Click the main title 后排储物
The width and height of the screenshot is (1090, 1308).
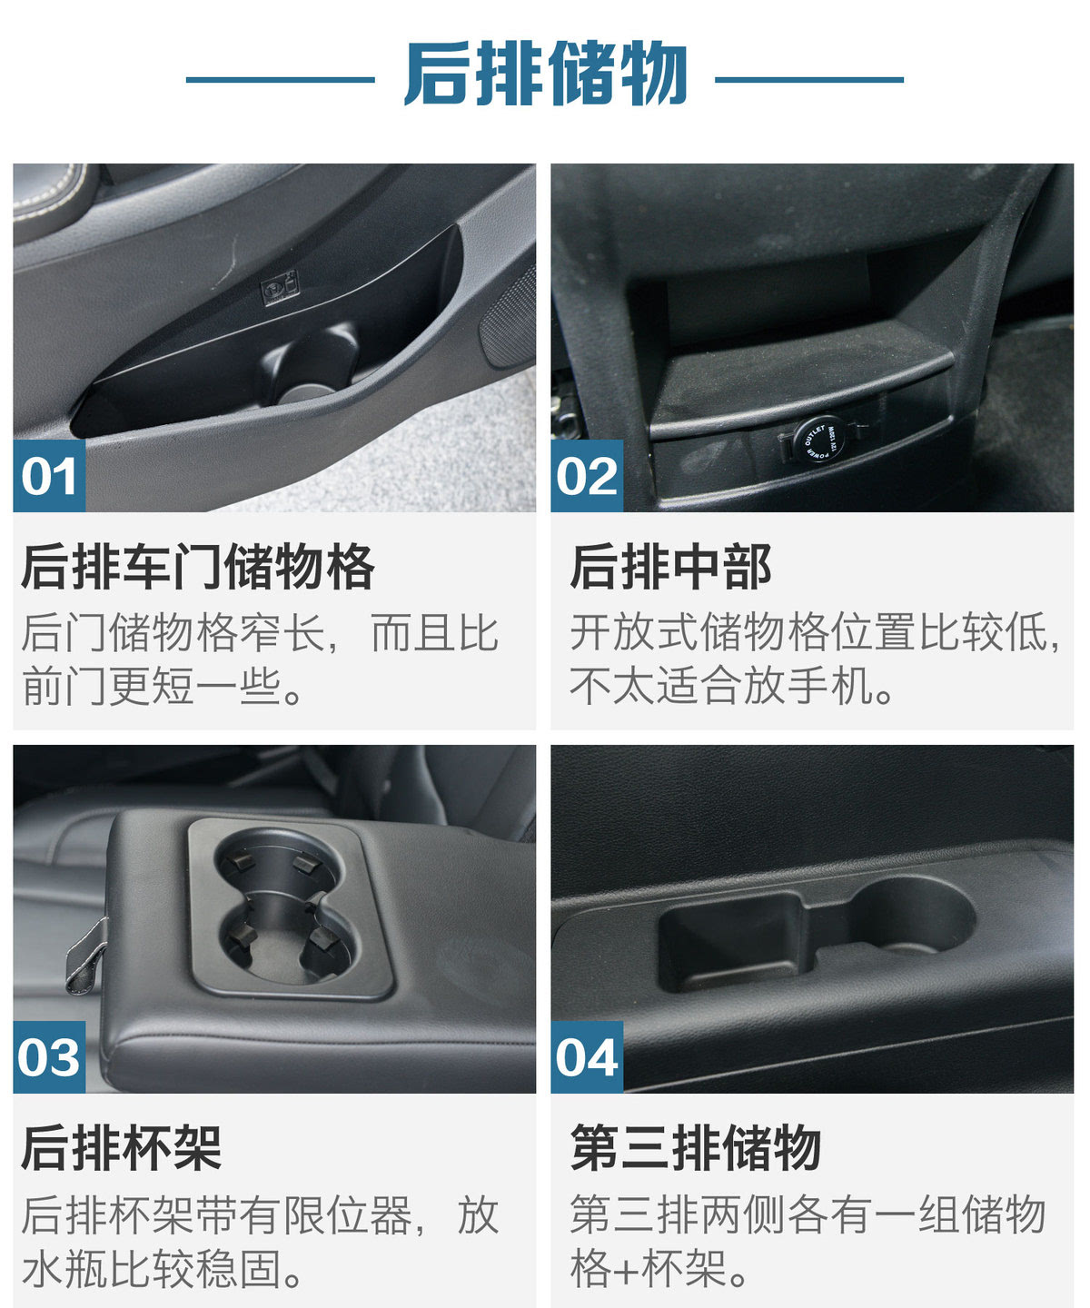coord(546,74)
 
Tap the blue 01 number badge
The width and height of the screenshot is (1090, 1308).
coord(49,475)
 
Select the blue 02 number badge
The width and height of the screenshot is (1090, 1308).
coord(587,475)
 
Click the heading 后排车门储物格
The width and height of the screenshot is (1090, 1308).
coord(198,567)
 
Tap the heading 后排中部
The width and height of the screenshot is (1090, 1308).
coord(670,567)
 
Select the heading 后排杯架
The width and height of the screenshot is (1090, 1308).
coord(122,1147)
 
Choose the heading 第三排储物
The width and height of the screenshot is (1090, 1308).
coord(696,1147)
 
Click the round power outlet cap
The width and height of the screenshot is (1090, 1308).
coord(819,441)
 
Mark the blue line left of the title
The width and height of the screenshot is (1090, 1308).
coord(280,80)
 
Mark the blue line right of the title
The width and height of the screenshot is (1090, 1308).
coord(808,80)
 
